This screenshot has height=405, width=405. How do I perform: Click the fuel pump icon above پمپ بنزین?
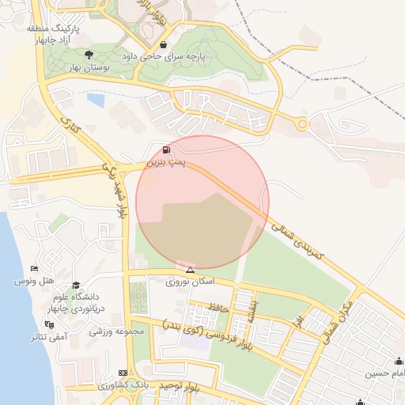pos(165,150)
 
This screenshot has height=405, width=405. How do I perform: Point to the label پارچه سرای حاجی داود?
pos(163,57)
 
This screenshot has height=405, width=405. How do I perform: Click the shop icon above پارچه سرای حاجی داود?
pos(163,45)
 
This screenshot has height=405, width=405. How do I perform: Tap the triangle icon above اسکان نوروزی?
pos(190,270)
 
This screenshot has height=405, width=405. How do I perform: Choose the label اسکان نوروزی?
pos(190,282)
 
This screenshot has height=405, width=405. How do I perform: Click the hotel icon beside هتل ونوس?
pos(32,270)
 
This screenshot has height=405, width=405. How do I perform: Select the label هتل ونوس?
pos(35,282)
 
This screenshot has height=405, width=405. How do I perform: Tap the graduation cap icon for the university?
pos(76,286)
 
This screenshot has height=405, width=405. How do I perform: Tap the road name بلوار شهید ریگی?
pos(115,190)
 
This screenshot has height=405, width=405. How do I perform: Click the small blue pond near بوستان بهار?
pos(96,100)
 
